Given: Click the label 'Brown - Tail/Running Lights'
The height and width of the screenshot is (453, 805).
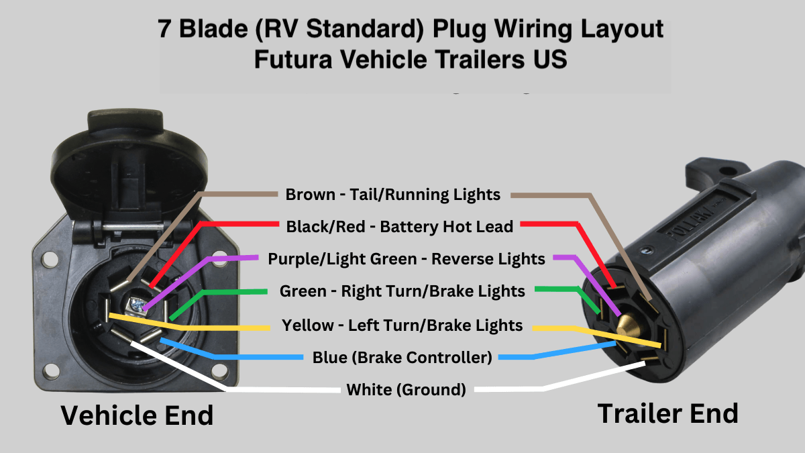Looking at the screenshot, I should point(392,195).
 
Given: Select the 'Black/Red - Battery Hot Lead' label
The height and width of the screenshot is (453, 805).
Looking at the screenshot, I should point(399,227).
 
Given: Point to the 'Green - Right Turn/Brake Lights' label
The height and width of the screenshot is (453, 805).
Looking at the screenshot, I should point(402,291).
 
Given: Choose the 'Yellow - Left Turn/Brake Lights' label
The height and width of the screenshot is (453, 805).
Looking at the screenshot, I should point(402,325).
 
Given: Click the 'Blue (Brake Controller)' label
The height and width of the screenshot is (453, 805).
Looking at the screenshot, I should point(402,357).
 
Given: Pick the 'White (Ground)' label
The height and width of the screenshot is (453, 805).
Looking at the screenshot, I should point(406,389).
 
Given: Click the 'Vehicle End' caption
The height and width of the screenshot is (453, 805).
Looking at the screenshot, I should point(137,415).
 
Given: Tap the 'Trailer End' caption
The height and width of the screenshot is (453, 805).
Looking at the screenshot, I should point(667,413).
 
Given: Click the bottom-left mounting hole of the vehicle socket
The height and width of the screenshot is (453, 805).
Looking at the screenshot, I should point(48,370).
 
